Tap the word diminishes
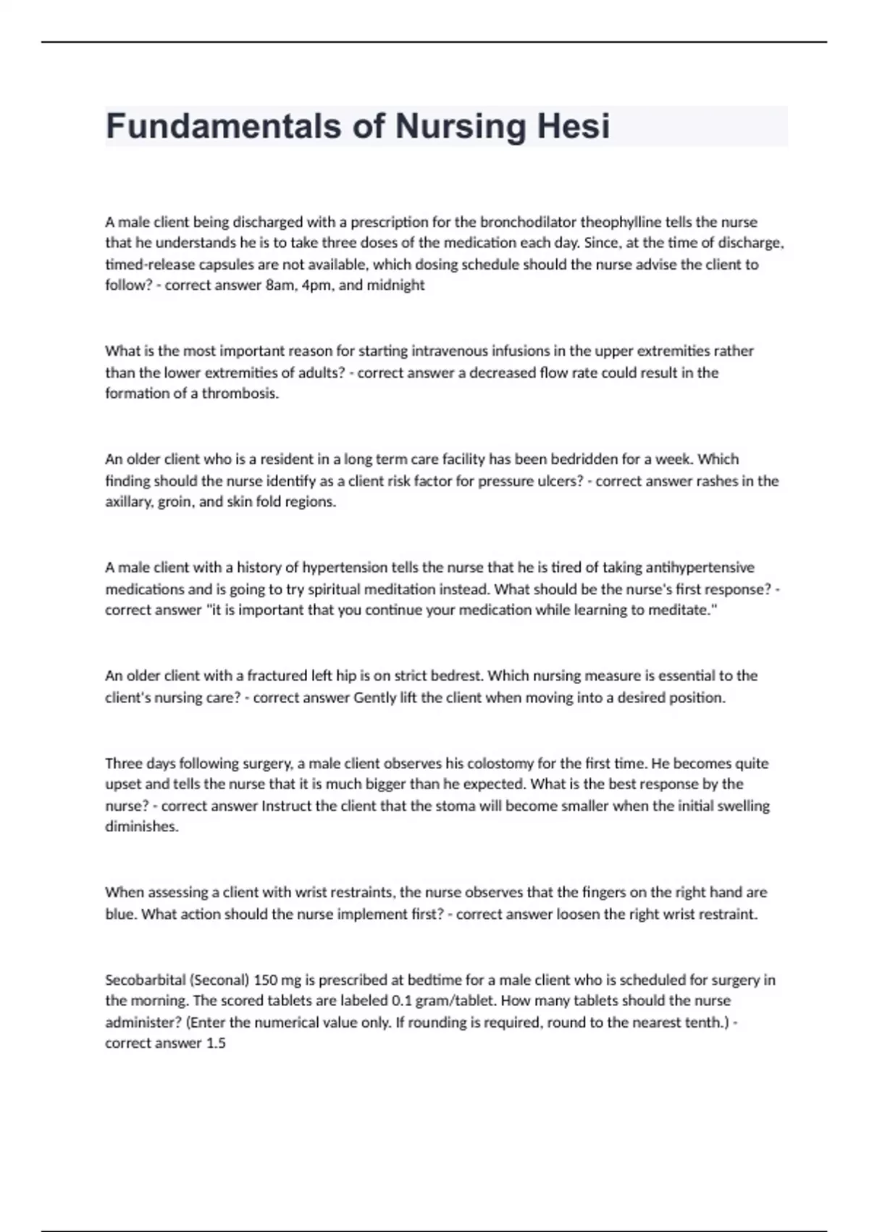(141, 827)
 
